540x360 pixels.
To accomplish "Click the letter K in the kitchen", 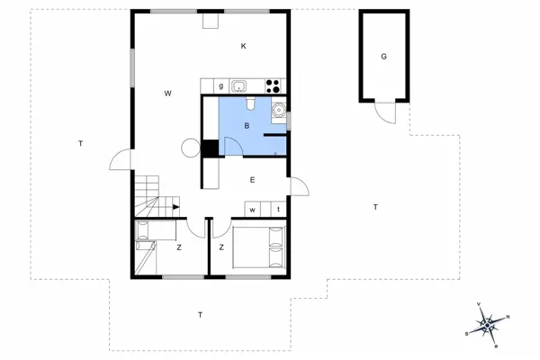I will point(243,46).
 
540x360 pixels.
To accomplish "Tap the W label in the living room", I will point(168,94).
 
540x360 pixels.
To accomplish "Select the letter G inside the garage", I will point(383,56).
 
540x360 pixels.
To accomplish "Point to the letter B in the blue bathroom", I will point(247,126).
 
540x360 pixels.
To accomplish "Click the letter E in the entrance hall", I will point(253,180).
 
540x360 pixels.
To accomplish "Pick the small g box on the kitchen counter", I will point(220,86).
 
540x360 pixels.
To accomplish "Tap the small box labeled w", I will point(254,210).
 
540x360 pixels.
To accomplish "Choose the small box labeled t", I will point(278,210).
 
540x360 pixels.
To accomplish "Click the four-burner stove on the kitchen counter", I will point(274,86).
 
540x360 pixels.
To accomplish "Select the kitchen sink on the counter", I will point(239,86).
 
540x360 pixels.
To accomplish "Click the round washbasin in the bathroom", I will point(280,112).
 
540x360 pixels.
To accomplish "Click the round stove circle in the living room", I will point(191,148).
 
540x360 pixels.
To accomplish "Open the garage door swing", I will point(384,112).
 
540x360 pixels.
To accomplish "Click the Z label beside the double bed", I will point(220,247).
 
